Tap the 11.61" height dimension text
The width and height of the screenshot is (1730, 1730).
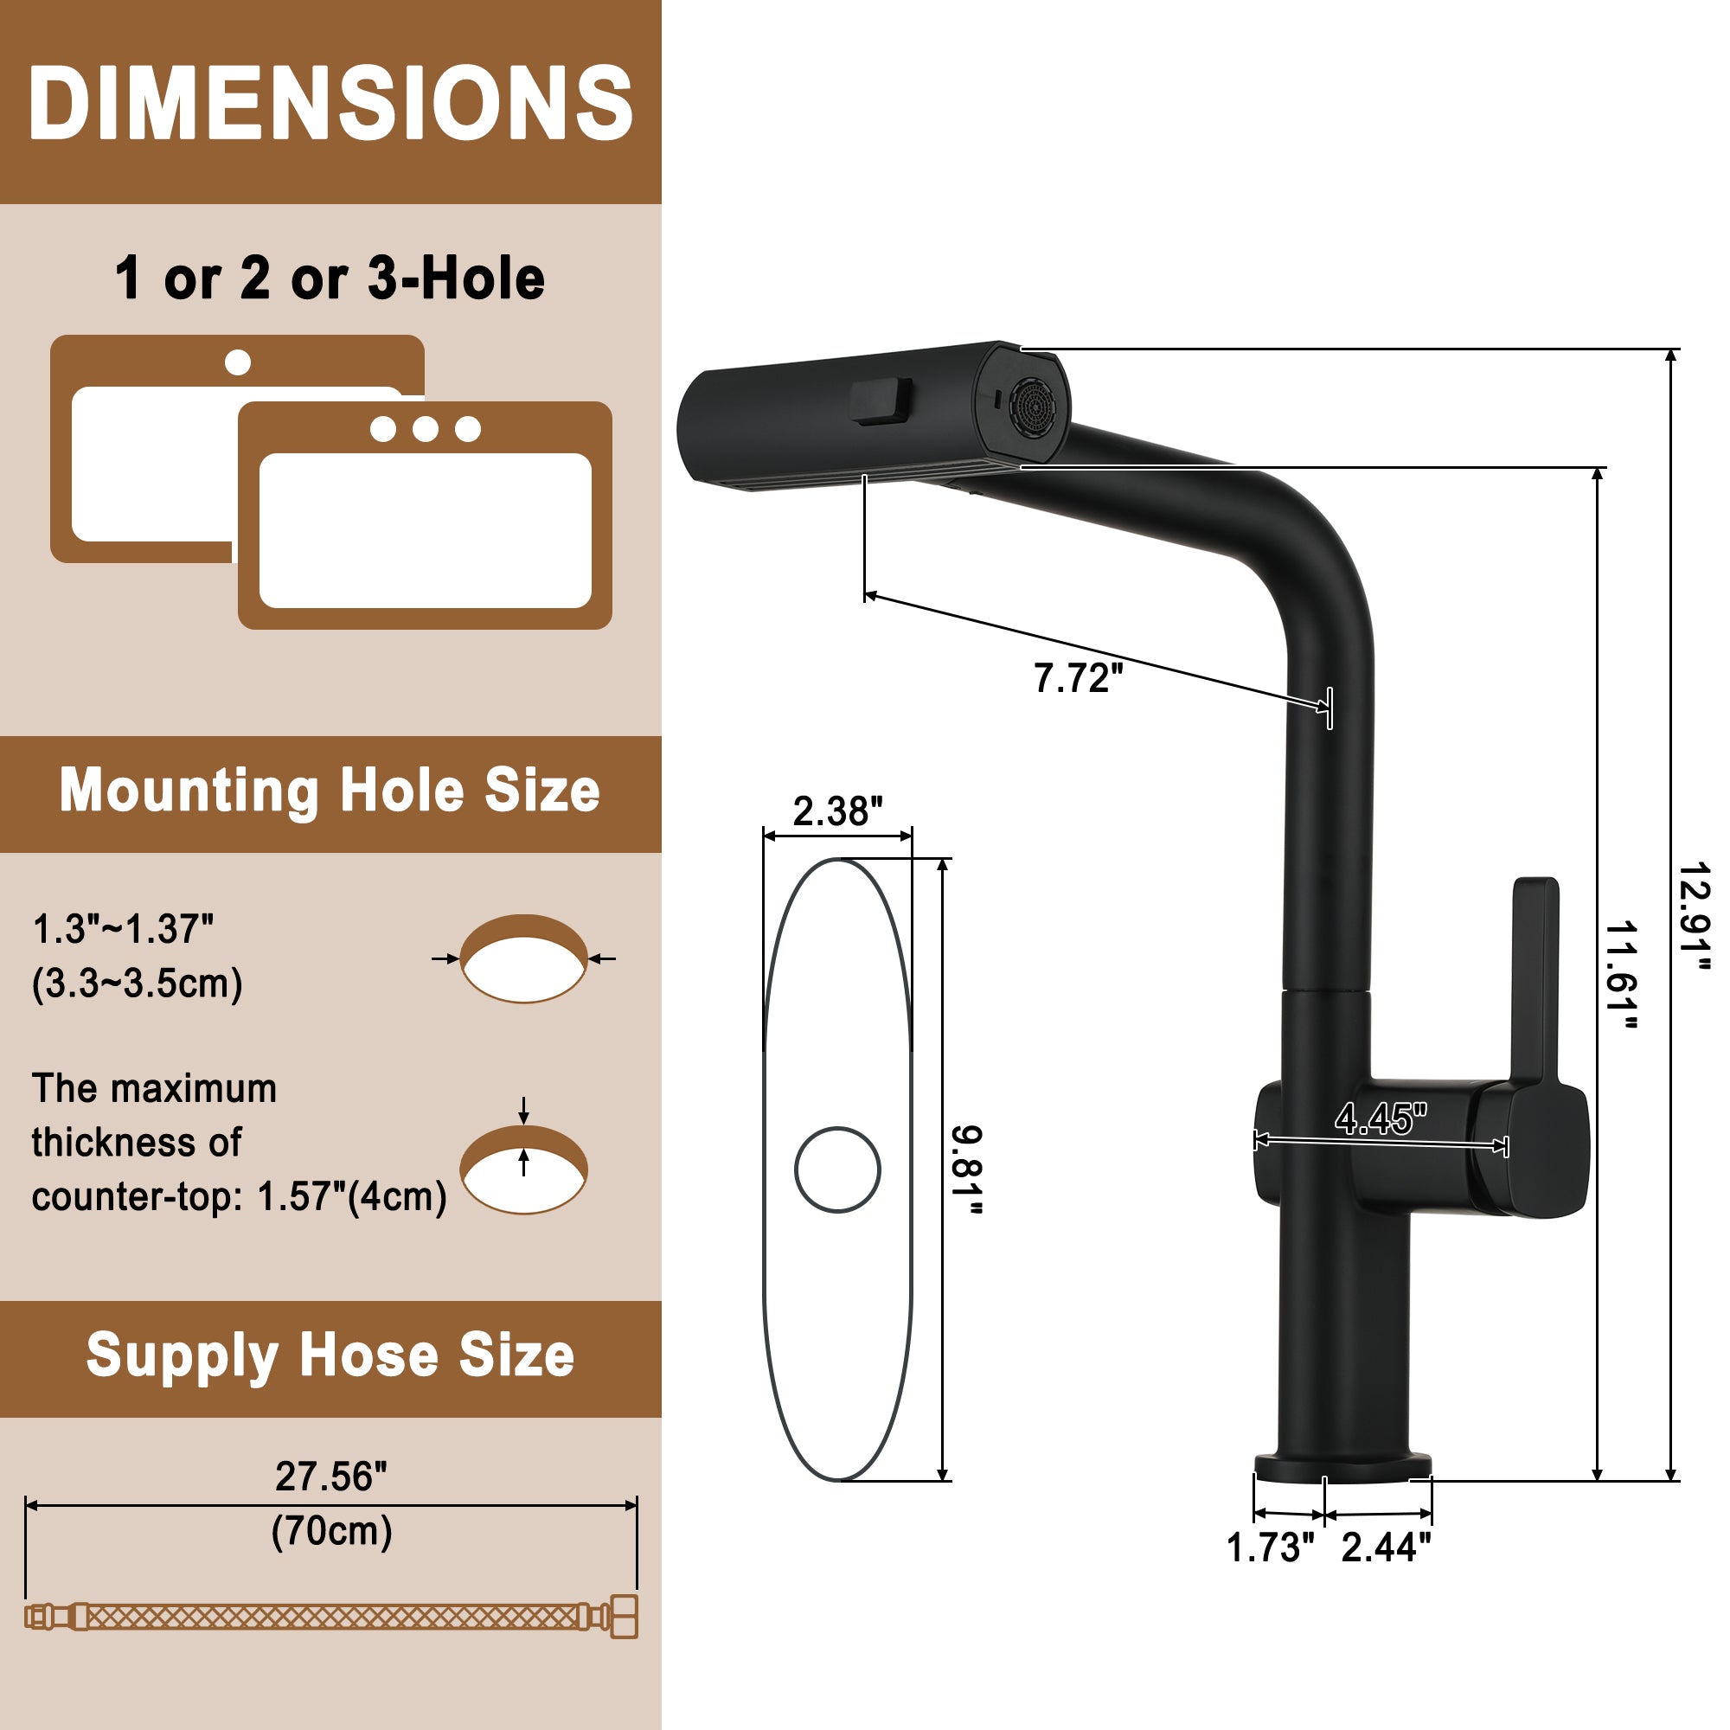(1621, 975)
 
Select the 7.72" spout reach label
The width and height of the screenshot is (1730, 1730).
(1077, 678)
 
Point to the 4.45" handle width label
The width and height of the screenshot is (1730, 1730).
(1380, 1118)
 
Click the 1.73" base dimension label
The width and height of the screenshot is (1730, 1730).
(1269, 1547)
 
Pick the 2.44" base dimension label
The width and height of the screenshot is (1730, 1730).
(1385, 1547)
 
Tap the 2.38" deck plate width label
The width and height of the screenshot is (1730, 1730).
(837, 811)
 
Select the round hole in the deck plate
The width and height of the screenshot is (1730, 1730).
(837, 1169)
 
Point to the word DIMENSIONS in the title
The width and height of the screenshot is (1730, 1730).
(330, 103)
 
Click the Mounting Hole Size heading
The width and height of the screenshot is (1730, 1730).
(330, 791)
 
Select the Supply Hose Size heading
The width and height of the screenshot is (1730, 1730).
(330, 1355)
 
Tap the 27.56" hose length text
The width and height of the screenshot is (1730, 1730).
(330, 1477)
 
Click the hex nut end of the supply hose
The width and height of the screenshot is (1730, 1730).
(625, 1618)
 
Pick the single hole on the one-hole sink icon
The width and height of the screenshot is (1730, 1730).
(237, 362)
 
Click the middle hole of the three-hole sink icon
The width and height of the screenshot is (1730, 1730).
(426, 429)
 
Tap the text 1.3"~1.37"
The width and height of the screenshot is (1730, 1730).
(123, 930)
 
